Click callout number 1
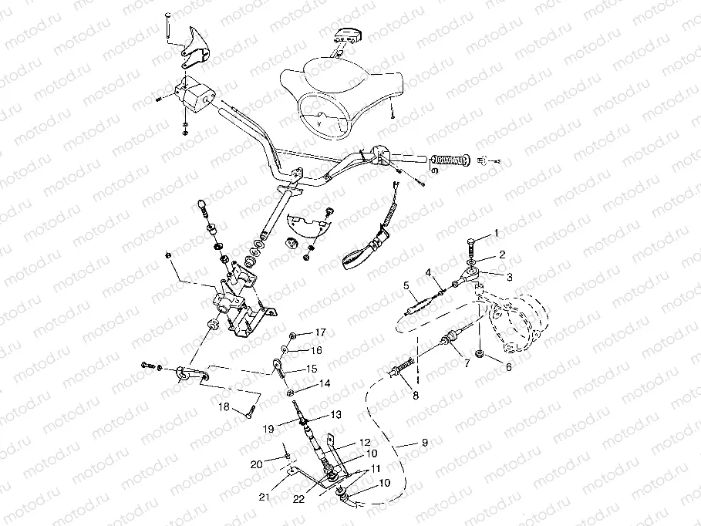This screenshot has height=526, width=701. [x=497, y=232]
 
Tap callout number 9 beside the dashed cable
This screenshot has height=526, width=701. [x=423, y=443]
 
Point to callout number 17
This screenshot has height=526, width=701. [x=320, y=332]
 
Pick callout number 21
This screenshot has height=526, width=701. [x=264, y=497]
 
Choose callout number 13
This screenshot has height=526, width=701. [x=335, y=414]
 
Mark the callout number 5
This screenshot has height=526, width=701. [x=406, y=285]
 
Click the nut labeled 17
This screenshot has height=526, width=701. [x=295, y=336]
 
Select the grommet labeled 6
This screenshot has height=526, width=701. [x=480, y=353]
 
